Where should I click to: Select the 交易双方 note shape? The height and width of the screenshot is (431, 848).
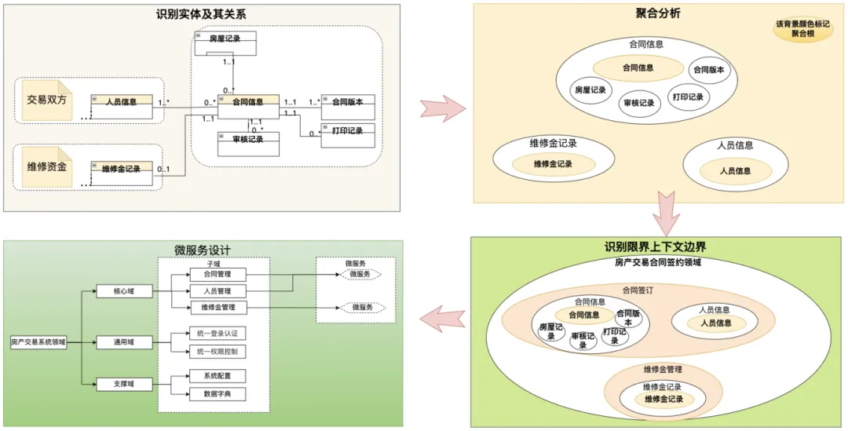point(48,100)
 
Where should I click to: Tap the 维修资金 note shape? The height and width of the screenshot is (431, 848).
point(48,166)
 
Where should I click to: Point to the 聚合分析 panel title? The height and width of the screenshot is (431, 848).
point(657,13)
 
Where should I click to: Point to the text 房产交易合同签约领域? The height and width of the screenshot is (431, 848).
point(657,261)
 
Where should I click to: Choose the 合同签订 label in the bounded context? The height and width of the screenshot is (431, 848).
point(637,289)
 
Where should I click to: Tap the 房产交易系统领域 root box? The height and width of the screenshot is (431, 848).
point(38,342)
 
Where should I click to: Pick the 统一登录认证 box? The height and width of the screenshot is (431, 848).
point(217,333)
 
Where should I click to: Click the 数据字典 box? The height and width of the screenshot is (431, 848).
point(217,393)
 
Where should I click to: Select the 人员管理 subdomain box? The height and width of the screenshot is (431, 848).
point(217,290)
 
